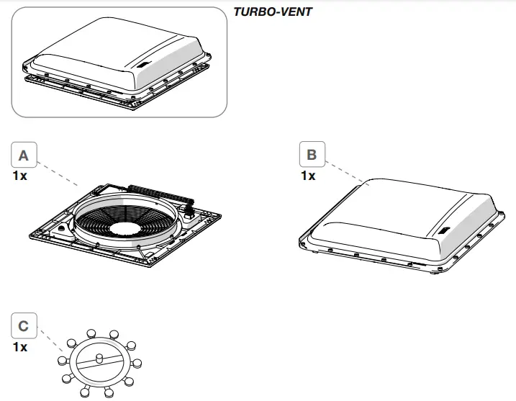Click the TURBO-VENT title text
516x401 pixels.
[273, 12]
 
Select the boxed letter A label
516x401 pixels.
[24, 155]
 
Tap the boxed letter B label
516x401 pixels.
[312, 155]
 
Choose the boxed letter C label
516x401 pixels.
[24, 327]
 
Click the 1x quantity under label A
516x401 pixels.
[20, 176]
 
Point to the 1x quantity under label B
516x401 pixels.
[308, 176]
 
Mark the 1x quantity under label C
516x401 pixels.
[20, 348]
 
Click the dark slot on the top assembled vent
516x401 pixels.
[143, 64]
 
